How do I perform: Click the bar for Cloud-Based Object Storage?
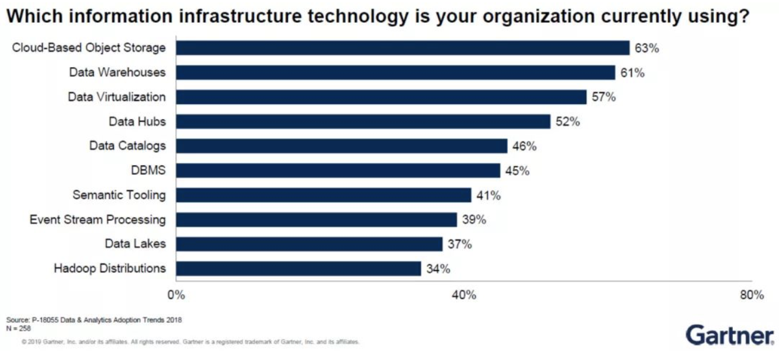[x=403, y=48]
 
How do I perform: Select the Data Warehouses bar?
[x=396, y=72]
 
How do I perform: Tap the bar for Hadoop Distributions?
[x=298, y=268]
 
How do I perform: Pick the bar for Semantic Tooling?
[x=323, y=195]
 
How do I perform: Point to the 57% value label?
[x=604, y=97]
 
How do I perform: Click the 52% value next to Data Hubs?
[x=567, y=122]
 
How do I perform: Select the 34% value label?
[x=438, y=269]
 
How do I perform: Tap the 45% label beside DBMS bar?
[x=517, y=171]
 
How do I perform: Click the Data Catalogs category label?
[x=127, y=146]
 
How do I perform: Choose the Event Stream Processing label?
[x=98, y=220]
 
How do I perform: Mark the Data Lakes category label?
[x=135, y=244]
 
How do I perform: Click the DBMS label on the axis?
[x=148, y=171]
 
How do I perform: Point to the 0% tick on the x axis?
[x=176, y=295]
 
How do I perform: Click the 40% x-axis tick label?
[x=464, y=295]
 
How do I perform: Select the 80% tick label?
[x=751, y=295]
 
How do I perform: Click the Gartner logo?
[x=730, y=335]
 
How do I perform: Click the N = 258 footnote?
[x=19, y=328]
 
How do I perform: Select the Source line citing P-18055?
[x=94, y=320]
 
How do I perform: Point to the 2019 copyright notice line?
[x=190, y=341]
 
